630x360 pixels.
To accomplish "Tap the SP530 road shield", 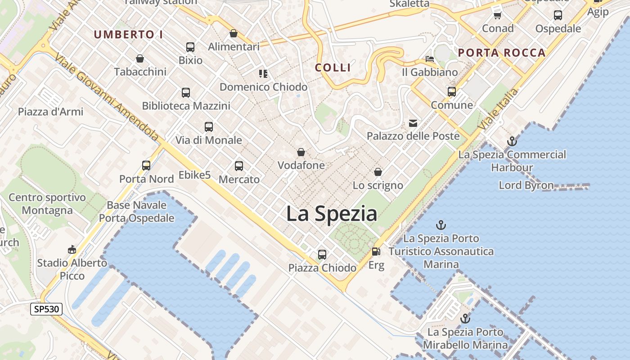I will click(46, 309).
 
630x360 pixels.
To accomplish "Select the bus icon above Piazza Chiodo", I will click(322, 254).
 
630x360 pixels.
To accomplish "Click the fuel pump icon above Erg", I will click(376, 252).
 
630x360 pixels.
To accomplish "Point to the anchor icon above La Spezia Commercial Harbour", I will click(512, 142).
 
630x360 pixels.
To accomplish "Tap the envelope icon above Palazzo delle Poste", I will click(413, 123).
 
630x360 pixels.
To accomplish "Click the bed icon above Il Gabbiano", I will click(429, 59).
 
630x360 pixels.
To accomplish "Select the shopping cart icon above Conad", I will click(497, 15).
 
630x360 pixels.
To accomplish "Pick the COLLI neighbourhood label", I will click(333, 68).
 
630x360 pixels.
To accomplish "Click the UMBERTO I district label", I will click(128, 35).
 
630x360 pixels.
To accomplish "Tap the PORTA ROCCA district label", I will click(502, 53).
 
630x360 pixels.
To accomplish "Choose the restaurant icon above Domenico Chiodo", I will click(263, 73).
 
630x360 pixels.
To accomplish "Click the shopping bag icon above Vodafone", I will click(301, 153).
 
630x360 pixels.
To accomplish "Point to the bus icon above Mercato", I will click(239, 166).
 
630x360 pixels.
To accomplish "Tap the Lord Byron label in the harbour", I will click(526, 185).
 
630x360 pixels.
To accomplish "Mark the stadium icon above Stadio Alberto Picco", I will click(72, 250).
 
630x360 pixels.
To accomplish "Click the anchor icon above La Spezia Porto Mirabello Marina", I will click(465, 319).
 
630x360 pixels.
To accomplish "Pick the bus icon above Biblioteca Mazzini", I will click(186, 93).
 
